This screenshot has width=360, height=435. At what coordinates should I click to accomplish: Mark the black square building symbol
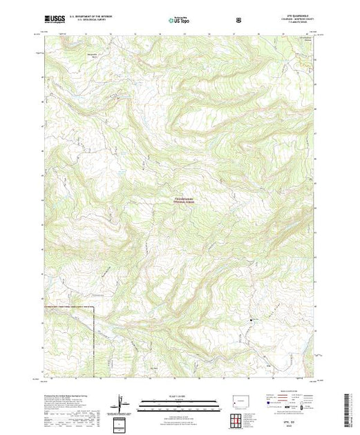pyautogui.click(x=250, y=319)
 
